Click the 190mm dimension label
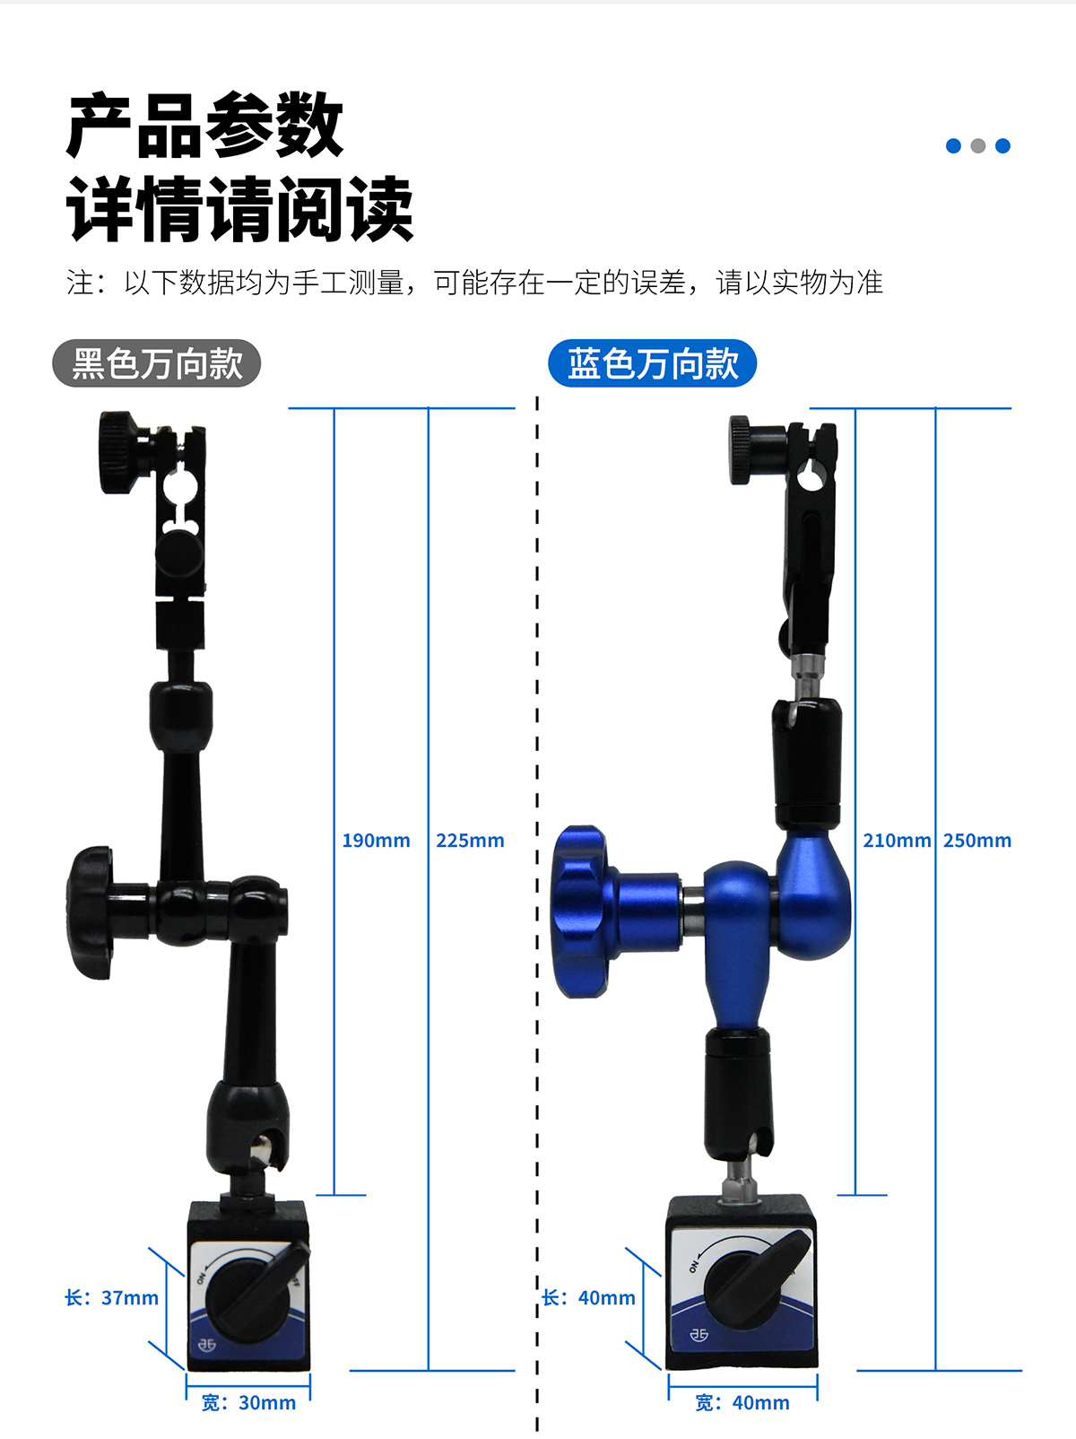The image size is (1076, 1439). (x=376, y=841)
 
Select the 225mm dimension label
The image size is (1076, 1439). (x=470, y=841)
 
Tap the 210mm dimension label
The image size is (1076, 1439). (x=897, y=841)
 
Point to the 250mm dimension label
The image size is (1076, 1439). (x=977, y=841)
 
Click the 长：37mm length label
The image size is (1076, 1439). (x=111, y=1297)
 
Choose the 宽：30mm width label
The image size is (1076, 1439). (x=248, y=1402)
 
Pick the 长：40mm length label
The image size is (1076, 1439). (x=588, y=1297)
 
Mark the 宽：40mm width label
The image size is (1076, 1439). (x=742, y=1402)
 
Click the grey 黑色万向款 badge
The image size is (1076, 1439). (x=157, y=363)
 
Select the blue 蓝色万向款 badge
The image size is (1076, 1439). (x=652, y=363)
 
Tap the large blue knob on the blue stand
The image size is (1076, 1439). (x=580, y=911)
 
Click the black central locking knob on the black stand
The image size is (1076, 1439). (x=91, y=912)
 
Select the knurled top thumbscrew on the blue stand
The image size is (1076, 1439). (x=741, y=449)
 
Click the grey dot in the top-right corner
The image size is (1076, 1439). (x=977, y=145)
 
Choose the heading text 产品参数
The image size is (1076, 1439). (x=205, y=126)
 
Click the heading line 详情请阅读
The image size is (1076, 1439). (x=239, y=208)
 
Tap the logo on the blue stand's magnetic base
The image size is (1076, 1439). (x=699, y=1334)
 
